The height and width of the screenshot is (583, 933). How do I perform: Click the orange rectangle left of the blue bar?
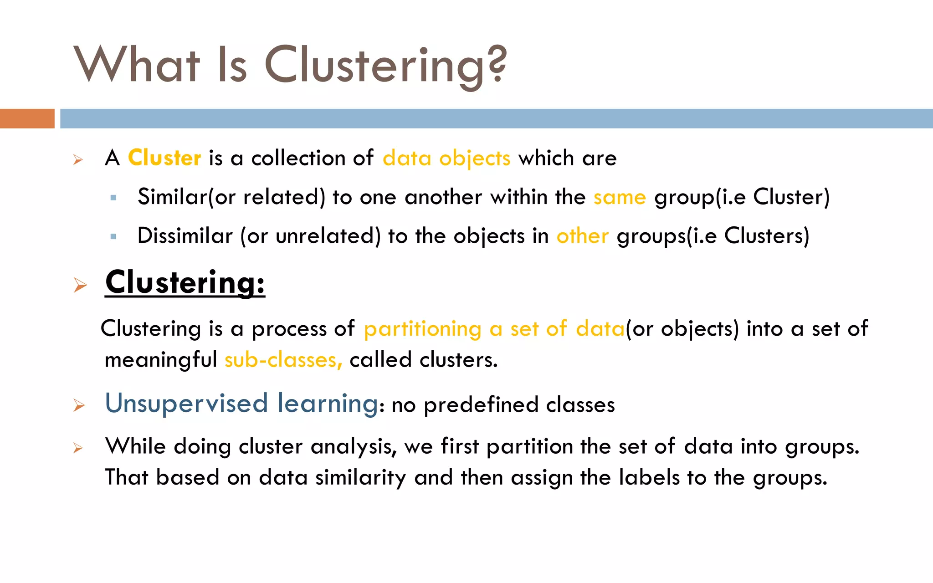point(27,118)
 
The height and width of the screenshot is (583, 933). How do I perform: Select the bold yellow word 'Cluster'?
point(164,158)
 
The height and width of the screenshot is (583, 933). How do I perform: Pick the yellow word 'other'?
point(582,236)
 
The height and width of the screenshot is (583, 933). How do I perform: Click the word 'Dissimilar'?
point(185,236)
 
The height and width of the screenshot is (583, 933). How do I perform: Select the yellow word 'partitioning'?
point(422,329)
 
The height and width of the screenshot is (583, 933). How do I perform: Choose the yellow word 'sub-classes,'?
point(283,360)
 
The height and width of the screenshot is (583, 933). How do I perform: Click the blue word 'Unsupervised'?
point(186,404)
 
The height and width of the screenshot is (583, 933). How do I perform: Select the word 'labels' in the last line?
point(649,477)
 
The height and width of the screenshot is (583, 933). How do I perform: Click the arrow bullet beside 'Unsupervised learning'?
point(79,405)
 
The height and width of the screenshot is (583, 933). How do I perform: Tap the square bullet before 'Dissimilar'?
point(113,236)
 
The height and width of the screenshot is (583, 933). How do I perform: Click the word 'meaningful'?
point(160,360)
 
